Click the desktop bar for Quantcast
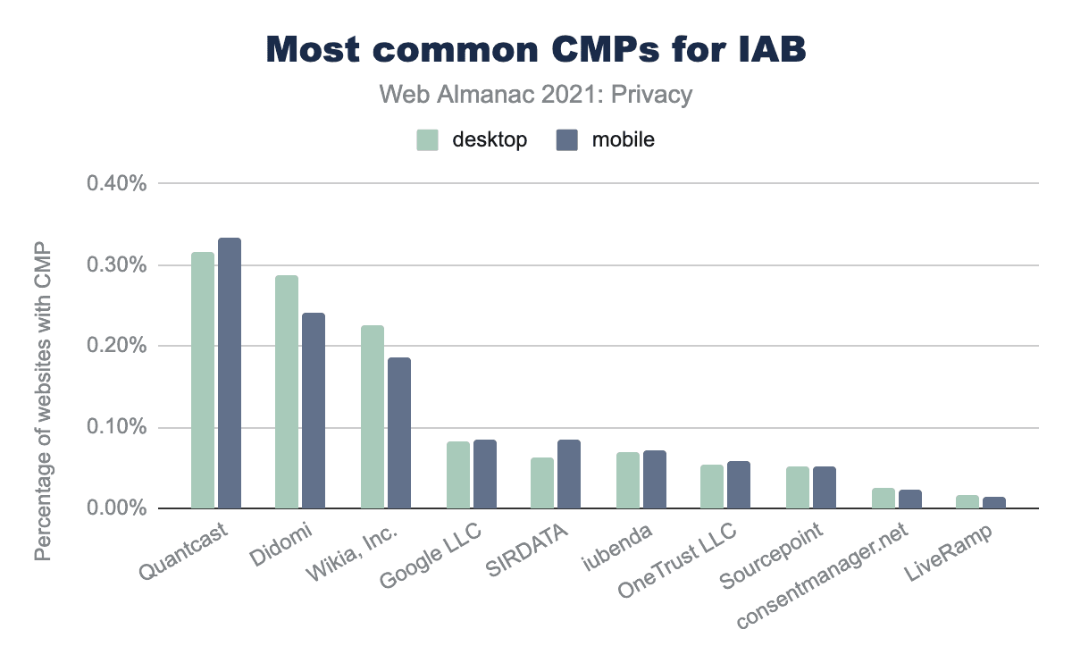[203, 381]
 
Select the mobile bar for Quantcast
[230, 373]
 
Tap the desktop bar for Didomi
[287, 392]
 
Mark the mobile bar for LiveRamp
[993, 503]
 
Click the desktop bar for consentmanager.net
[883, 499]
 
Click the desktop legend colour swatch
[427, 140]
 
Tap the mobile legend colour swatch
[566, 140]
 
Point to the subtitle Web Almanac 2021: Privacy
[536, 95]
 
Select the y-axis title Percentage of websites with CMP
[43, 401]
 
